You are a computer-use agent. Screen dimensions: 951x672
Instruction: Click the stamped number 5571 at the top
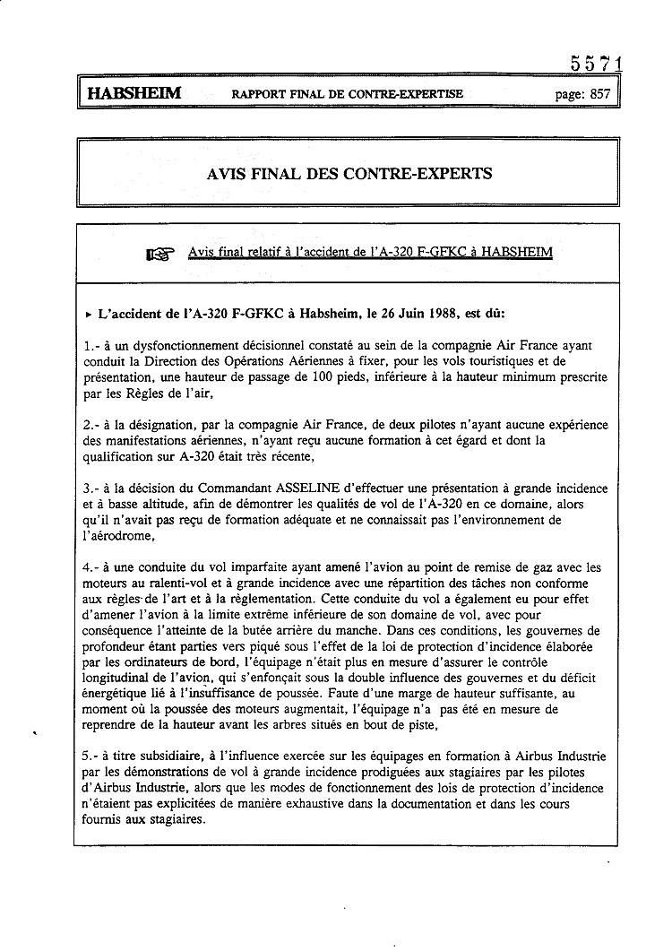coord(596,65)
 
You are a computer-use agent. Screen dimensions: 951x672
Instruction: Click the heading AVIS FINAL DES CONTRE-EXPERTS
coord(349,173)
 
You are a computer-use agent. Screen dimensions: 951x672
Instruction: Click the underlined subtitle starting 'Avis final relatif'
coord(370,252)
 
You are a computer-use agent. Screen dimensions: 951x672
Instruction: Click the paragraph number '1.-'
coord(91,345)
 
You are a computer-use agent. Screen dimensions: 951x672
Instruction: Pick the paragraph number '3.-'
coord(91,488)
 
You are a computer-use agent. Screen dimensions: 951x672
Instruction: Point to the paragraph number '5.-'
coord(91,757)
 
